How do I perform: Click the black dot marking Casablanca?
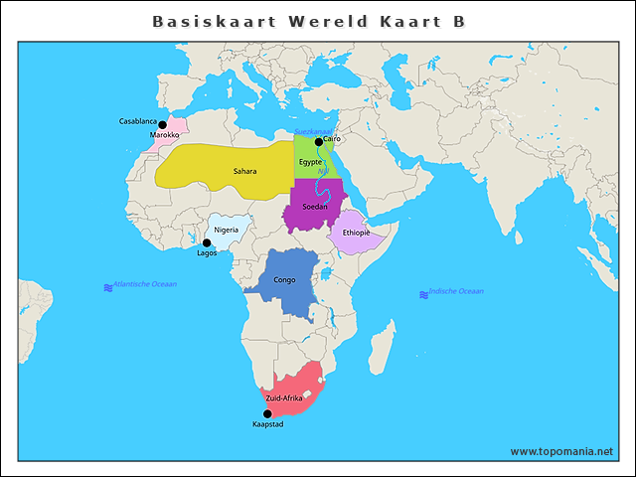tap(162, 125)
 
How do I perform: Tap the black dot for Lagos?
tap(207, 242)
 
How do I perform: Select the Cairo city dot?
tap(319, 142)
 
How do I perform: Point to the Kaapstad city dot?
tap(266, 413)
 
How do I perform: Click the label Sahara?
tap(244, 171)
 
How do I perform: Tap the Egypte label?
tap(310, 162)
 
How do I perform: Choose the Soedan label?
tap(314, 207)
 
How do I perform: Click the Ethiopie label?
tap(356, 233)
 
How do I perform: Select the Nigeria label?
tap(226, 230)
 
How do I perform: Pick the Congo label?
tap(284, 280)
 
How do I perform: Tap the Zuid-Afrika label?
tap(284, 397)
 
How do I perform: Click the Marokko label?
tap(164, 135)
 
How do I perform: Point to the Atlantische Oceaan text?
tap(145, 284)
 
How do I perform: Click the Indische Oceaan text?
tap(456, 291)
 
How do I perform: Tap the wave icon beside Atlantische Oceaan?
tap(108, 287)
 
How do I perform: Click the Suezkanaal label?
tap(314, 132)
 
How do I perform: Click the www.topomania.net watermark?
tap(561, 451)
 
